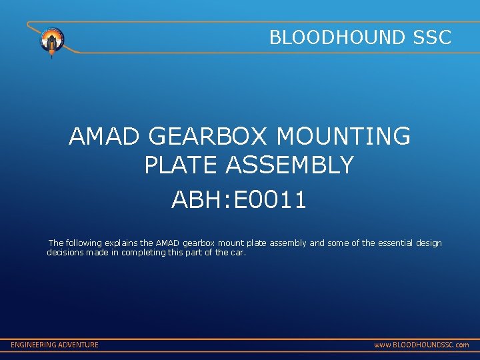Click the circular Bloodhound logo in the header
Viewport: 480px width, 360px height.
click(52, 41)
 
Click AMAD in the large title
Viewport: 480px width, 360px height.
click(104, 137)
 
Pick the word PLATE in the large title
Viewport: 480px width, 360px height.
click(181, 165)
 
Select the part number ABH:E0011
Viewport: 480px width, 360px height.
click(239, 199)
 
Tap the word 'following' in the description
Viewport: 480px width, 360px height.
click(84, 243)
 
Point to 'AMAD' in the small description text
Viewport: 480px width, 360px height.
click(166, 243)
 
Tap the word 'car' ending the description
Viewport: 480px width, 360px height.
click(237, 253)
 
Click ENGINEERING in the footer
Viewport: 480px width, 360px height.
click(33, 345)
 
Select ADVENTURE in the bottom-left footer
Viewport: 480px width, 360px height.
click(78, 345)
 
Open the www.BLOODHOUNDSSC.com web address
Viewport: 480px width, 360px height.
click(421, 345)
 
